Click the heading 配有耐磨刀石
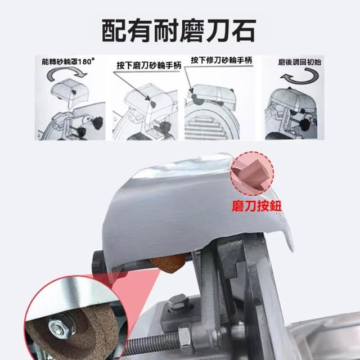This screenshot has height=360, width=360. pos(179,30)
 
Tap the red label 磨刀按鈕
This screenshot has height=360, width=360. pos(256,205)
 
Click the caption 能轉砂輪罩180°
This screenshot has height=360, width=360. pos(68,61)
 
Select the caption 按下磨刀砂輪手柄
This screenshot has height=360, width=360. pos(148,65)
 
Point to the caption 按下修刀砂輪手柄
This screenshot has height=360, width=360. pos(222,60)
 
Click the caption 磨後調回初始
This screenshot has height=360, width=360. pos(299,62)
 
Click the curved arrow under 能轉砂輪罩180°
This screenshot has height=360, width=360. pos(66,74)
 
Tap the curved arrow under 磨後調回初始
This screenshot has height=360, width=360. pos(300,76)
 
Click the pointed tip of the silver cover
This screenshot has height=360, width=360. pos(292,250)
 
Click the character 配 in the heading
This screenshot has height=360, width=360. pos(114,30)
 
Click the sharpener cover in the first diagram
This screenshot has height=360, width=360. pos(69,90)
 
